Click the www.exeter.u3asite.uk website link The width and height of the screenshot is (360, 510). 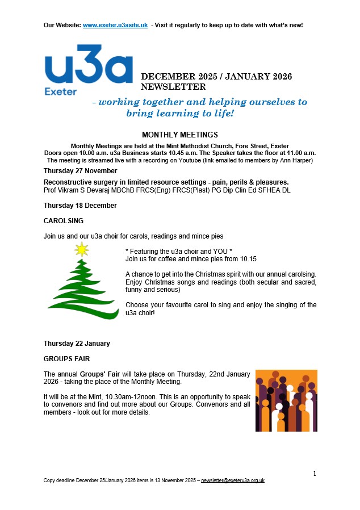pyautogui.click(x=115, y=25)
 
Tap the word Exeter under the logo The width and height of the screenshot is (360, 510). pyautogui.click(x=60, y=91)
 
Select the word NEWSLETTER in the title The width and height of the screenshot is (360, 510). pyautogui.click(x=173, y=87)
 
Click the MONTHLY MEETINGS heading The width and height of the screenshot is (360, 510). pyautogui.click(x=180, y=135)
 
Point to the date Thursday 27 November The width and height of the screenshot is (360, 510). pyautogui.click(x=81, y=171)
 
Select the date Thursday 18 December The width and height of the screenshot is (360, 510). pyautogui.click(x=80, y=205)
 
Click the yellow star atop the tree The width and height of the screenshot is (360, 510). pyautogui.click(x=82, y=249)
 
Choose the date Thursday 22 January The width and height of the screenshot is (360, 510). pyautogui.click(x=77, y=344)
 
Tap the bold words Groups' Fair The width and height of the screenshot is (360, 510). pyautogui.click(x=99, y=374)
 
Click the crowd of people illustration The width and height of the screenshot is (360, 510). pyautogui.click(x=286, y=400)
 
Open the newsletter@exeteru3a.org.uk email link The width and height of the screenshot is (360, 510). pyautogui.click(x=233, y=480)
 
